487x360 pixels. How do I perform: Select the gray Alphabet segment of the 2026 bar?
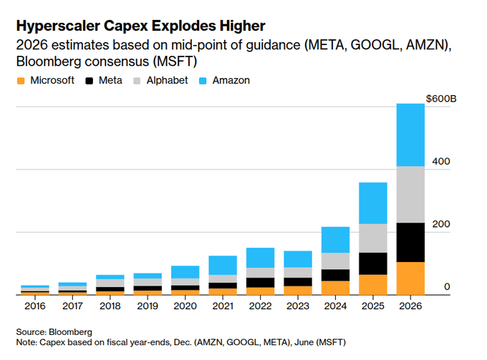click(410, 194)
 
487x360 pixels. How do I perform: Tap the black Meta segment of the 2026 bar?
click(410, 242)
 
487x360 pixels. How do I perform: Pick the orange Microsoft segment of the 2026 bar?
click(410, 278)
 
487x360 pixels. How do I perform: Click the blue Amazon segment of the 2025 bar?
click(372, 203)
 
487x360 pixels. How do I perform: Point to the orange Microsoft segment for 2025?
click(372, 284)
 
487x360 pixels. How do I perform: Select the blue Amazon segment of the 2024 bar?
click(335, 240)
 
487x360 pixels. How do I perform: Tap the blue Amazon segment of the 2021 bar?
click(222, 265)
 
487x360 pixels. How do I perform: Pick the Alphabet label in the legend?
click(167, 81)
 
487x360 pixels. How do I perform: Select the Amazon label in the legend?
click(231, 81)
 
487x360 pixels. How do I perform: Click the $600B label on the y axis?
click(440, 98)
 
